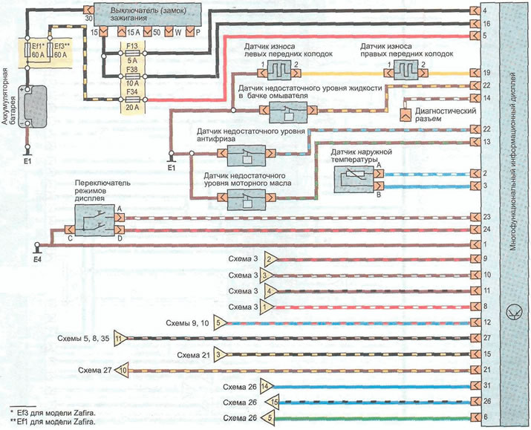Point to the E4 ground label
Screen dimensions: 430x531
38,260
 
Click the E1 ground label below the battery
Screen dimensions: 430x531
27,158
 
